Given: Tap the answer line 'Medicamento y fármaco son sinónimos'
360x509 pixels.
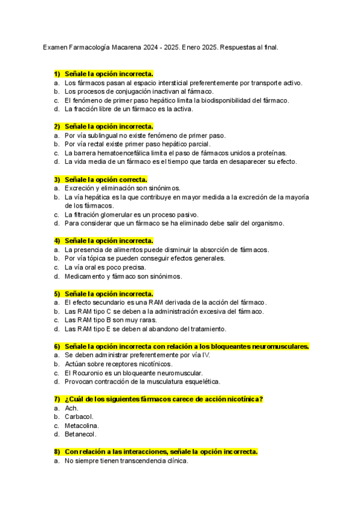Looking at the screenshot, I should [123, 277].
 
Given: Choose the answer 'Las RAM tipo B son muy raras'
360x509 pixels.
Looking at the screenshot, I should [111, 321].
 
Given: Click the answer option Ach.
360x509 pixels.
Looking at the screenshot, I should [71, 409].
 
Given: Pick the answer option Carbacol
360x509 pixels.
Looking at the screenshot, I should [79, 417].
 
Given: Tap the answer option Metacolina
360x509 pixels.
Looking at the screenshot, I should [82, 426].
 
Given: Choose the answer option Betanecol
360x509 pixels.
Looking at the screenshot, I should [80, 435].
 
